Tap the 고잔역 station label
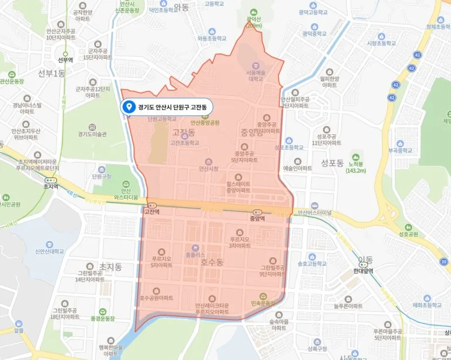point(151,212)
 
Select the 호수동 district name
point(212,263)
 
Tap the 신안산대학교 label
point(56,252)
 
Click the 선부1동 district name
point(37,72)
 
